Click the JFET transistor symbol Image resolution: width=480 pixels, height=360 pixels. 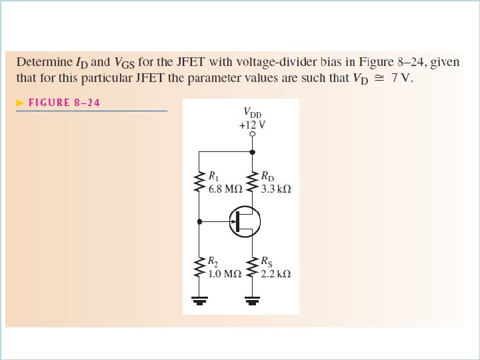[x=245, y=221]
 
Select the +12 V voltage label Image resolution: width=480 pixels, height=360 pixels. [x=252, y=125]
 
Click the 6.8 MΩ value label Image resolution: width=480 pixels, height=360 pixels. [x=225, y=189]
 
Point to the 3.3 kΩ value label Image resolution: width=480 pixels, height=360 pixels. [x=276, y=189]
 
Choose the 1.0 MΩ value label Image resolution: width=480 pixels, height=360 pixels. [x=224, y=273]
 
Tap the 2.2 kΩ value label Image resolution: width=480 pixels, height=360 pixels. [x=276, y=273]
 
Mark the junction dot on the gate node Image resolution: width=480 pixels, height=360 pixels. [x=199, y=221]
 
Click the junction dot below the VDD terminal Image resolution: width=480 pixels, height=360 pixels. [x=252, y=152]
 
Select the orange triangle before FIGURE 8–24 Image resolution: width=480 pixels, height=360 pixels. [x=21, y=103]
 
